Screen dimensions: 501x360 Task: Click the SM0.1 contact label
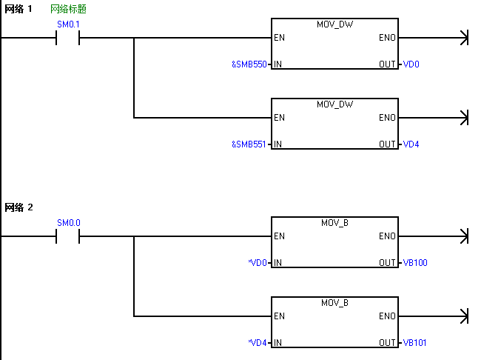(x=68, y=24)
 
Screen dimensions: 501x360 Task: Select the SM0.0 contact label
(x=69, y=223)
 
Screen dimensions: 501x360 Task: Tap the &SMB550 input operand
(x=249, y=64)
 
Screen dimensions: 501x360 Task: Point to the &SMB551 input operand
(x=249, y=144)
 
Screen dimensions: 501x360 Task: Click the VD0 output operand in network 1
(x=411, y=64)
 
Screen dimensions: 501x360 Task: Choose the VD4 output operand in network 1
(x=411, y=144)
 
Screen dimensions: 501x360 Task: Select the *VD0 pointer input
(x=258, y=263)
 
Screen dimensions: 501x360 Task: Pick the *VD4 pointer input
(x=258, y=343)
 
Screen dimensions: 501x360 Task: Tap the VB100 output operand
(x=415, y=263)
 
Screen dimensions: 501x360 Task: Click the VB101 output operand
(x=415, y=343)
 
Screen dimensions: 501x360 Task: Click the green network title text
(x=68, y=9)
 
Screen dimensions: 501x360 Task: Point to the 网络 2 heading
(x=19, y=207)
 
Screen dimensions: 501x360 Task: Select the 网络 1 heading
(x=19, y=9)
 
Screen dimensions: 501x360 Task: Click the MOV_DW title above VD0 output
(x=334, y=24)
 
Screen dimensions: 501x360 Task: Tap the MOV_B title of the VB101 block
(x=334, y=303)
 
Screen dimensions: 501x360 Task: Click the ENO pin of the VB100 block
(x=387, y=236)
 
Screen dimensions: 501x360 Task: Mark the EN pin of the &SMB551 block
(x=279, y=118)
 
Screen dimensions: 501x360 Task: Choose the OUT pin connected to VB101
(x=387, y=343)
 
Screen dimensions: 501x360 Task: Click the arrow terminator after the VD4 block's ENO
(x=465, y=118)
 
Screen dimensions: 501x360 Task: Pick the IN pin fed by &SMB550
(x=278, y=64)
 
